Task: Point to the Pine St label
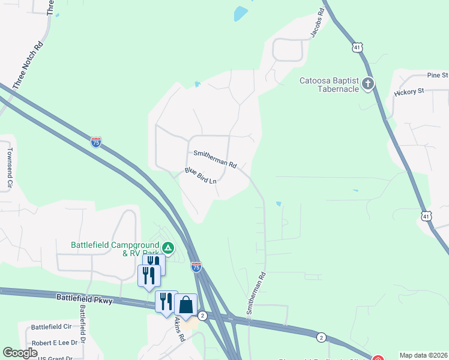coord(437,75)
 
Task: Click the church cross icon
coord(368,84)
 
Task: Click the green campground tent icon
coord(169,248)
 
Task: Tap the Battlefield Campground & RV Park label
coord(114,248)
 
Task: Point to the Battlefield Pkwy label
coord(84,298)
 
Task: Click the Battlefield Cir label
coord(51,327)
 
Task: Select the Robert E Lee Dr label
coord(55,343)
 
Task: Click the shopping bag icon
coord(185,305)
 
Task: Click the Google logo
coord(20,353)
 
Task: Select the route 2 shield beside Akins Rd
coord(202,316)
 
